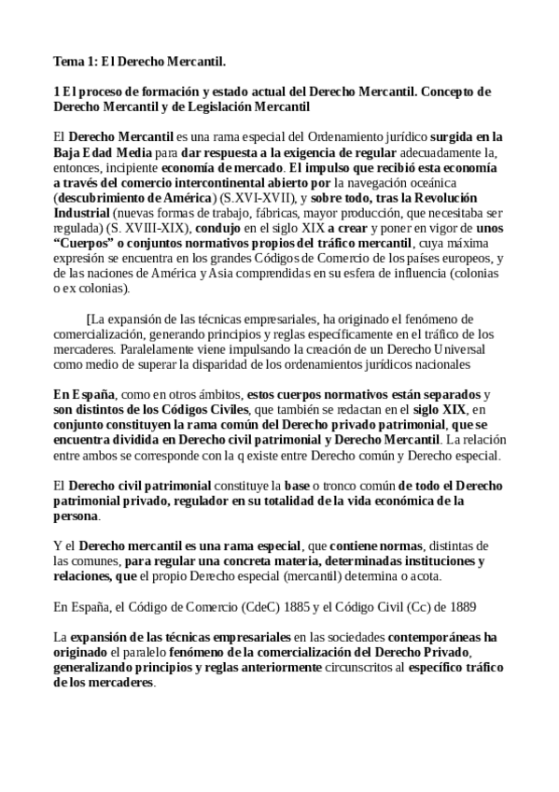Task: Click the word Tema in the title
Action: tap(68, 62)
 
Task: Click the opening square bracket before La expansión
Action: tap(88, 319)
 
